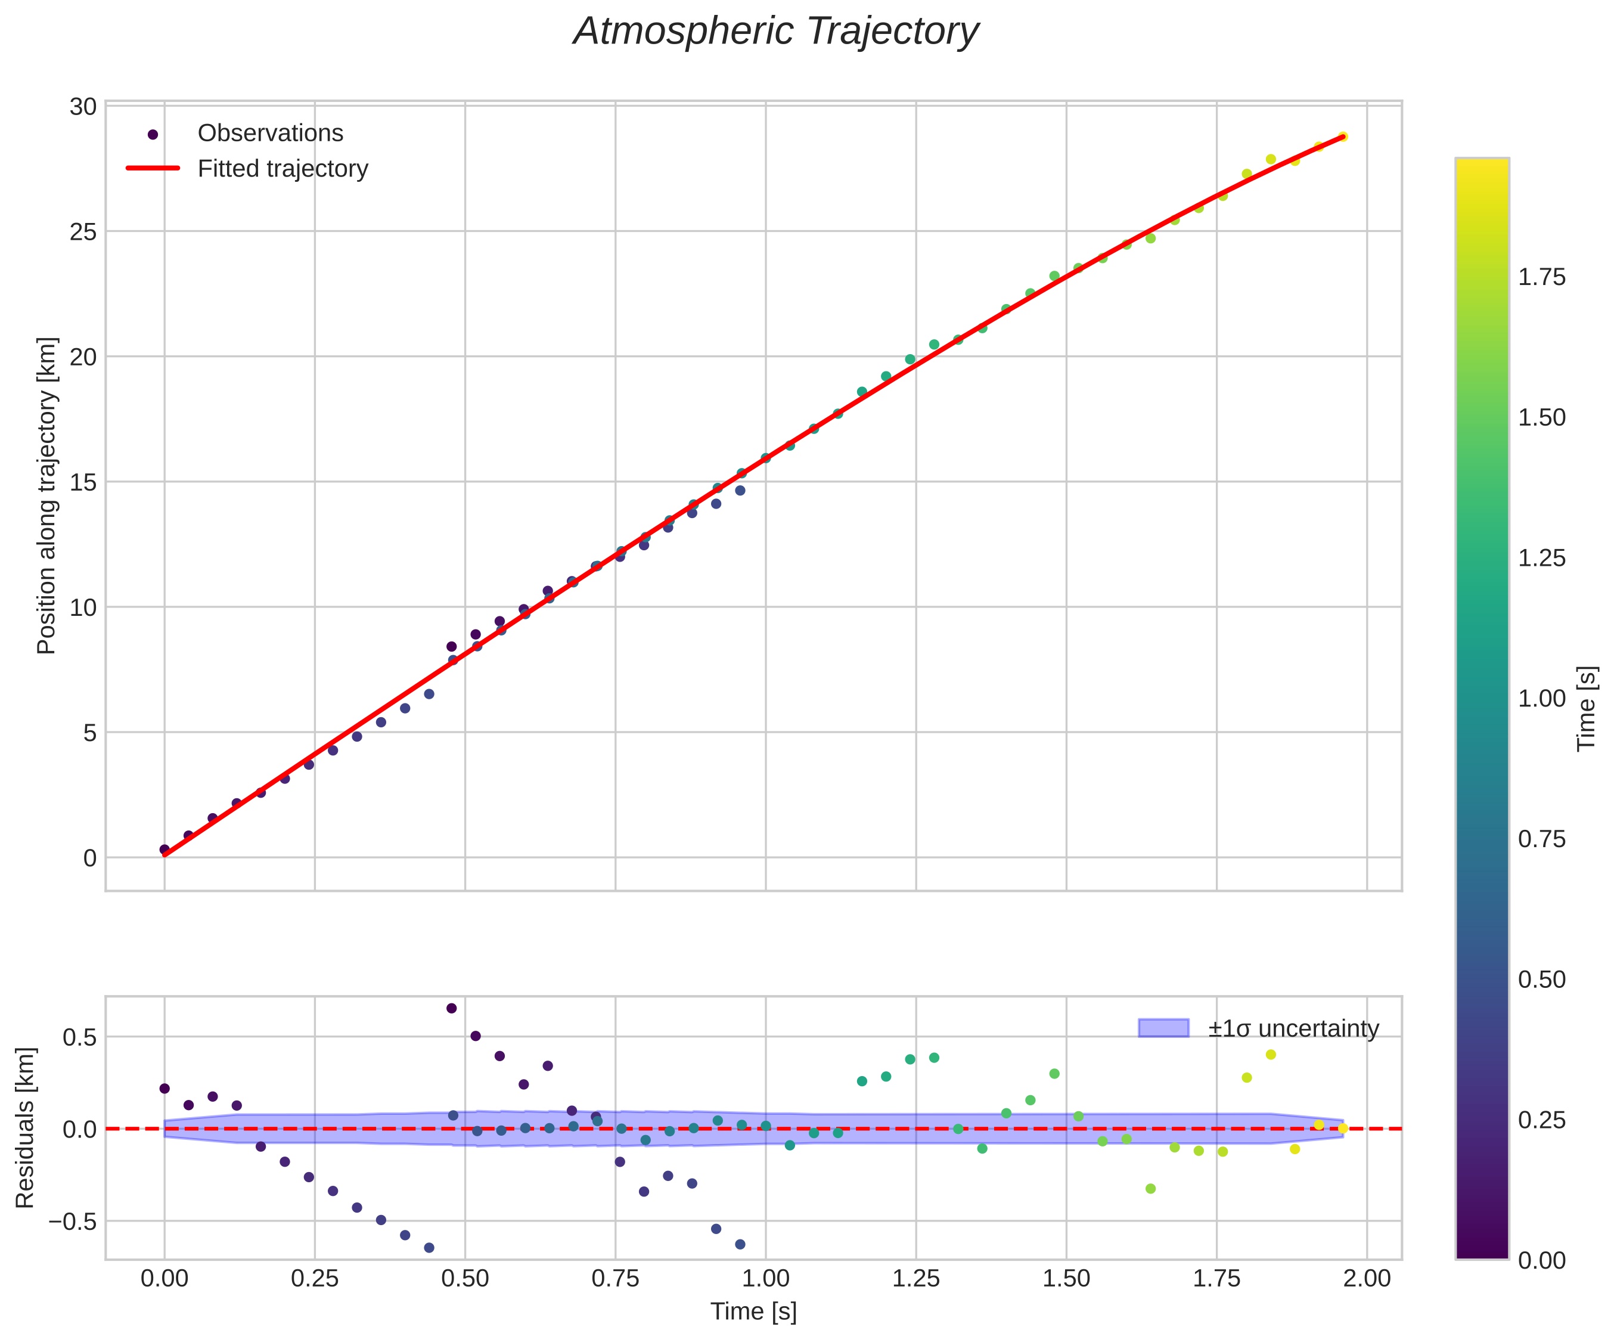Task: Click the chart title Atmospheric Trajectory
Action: [x=775, y=32]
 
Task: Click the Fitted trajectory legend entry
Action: [x=282, y=168]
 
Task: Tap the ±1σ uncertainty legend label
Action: [x=1293, y=1028]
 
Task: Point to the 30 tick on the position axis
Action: [x=83, y=106]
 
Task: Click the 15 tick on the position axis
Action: [x=83, y=482]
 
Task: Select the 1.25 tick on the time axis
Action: [x=915, y=1278]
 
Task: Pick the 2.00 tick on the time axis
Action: [x=1367, y=1278]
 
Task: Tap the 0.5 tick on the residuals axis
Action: [x=80, y=1037]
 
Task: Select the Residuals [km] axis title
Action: [x=26, y=1127]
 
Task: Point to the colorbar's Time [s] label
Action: [x=1587, y=708]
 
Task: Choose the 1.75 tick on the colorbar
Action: [x=1542, y=277]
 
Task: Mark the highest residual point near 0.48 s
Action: [x=451, y=1008]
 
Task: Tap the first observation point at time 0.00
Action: [x=164, y=850]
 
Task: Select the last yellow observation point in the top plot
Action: [x=1342, y=137]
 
